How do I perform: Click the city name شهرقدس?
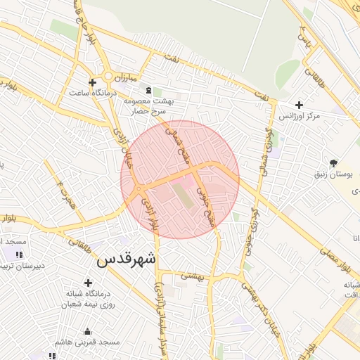point(126,259)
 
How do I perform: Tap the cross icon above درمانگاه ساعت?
point(92,82)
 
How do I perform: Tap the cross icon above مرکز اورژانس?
point(299,104)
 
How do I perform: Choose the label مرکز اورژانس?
point(299,115)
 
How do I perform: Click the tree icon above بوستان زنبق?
point(333,162)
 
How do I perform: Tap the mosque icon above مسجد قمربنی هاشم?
point(87,332)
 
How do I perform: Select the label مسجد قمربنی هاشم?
point(88,342)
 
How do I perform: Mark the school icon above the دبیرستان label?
point(19,255)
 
